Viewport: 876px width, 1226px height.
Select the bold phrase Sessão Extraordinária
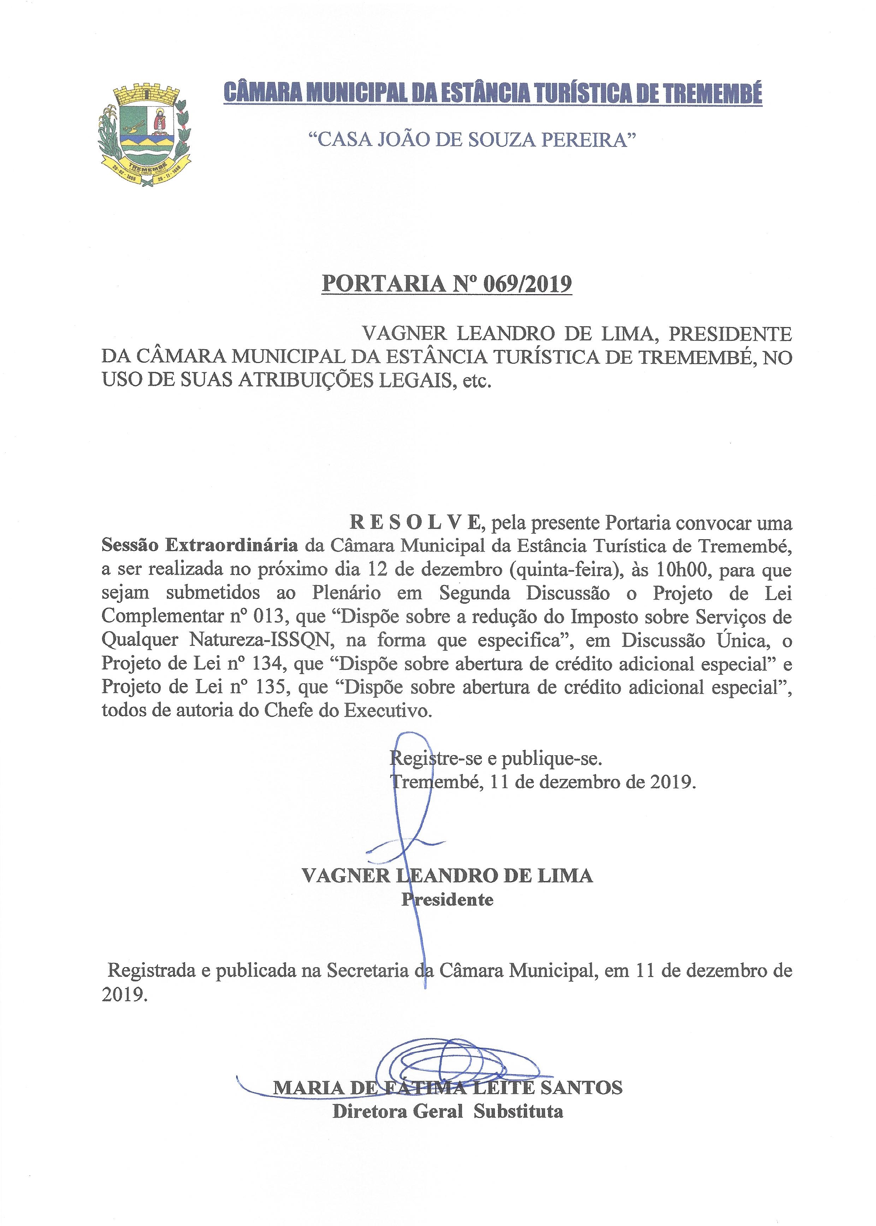pyautogui.click(x=200, y=545)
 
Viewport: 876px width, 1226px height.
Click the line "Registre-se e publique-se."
pyautogui.click(x=496, y=759)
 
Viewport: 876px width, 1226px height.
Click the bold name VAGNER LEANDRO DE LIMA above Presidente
pyautogui.click(x=447, y=876)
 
